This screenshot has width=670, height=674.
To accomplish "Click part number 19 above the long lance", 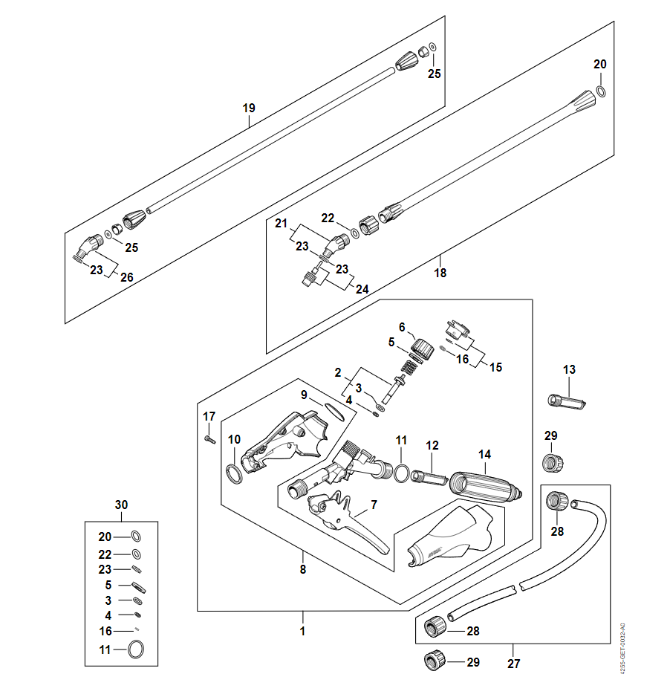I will [249, 108].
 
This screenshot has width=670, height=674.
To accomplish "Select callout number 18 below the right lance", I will [440, 273].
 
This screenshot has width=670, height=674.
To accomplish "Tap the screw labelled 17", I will [209, 439].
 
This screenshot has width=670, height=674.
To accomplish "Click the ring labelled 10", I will [233, 473].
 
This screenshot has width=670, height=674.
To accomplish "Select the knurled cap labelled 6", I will [423, 348].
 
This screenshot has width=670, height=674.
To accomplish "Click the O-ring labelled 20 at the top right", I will [601, 92].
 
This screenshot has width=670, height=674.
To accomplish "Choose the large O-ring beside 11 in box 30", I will [136, 649].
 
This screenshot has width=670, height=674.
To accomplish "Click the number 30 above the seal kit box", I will [122, 505].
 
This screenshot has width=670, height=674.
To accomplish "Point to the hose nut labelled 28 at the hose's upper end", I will [554, 501].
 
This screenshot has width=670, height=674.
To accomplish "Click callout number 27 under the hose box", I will [512, 663].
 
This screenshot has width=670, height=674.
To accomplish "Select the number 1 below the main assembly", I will [302, 632].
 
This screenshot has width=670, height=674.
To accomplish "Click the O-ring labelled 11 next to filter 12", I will [401, 473].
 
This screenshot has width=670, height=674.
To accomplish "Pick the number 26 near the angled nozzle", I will [127, 277].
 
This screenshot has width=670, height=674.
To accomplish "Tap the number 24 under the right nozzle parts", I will [362, 289].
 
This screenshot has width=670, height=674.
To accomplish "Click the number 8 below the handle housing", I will [302, 571].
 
